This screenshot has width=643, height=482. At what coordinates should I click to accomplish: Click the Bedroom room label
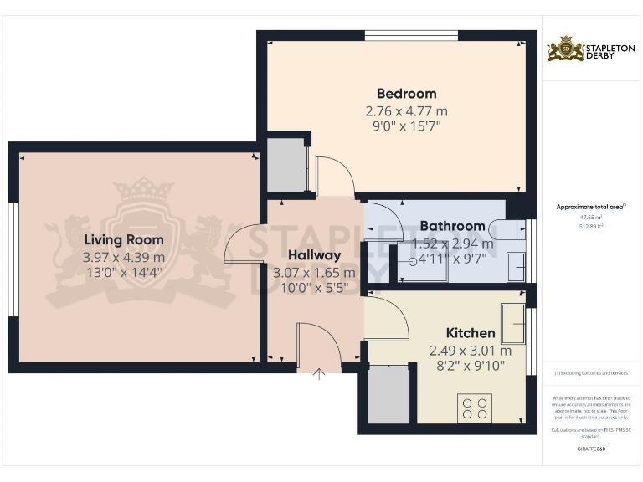(x=406, y=94)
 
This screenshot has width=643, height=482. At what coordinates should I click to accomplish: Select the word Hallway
(x=314, y=255)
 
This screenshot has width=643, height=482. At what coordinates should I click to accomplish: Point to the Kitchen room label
(x=470, y=333)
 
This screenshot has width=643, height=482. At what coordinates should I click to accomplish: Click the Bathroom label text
(x=452, y=226)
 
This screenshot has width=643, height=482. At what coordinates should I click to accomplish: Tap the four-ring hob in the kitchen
(x=474, y=408)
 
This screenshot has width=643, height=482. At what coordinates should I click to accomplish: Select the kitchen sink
(x=512, y=323)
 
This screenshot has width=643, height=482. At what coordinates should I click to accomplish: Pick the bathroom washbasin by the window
(x=517, y=266)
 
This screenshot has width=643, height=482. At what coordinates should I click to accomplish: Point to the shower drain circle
(x=411, y=261)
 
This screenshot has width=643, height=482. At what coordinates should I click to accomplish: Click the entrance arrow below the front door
(x=319, y=375)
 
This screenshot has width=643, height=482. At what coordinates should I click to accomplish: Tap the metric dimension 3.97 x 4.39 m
(x=124, y=257)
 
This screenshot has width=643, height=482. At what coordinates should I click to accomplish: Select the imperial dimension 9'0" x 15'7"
(x=406, y=126)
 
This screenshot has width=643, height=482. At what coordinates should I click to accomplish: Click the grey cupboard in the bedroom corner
(x=285, y=165)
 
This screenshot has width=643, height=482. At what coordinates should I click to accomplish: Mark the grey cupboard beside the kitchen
(x=388, y=395)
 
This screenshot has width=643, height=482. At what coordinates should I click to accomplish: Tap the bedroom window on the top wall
(x=411, y=36)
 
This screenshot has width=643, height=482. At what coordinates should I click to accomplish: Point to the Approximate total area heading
(x=591, y=206)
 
